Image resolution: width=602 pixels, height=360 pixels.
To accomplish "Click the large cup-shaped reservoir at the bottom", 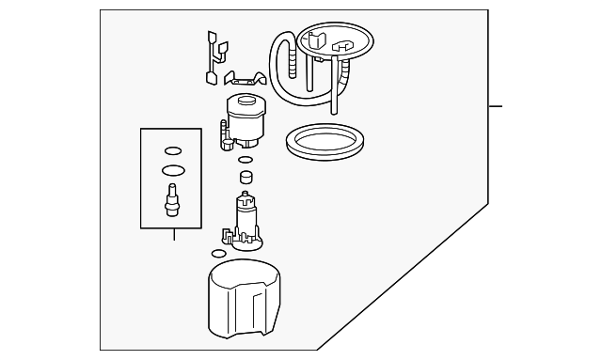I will click(x=244, y=300).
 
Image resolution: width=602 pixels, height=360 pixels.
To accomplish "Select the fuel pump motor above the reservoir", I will click(x=246, y=215).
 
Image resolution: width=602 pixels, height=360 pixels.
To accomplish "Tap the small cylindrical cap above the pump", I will click(x=246, y=176).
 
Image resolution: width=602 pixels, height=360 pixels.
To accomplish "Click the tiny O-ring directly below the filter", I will click(x=233, y=160).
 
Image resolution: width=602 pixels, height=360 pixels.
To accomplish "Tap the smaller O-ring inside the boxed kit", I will click(x=172, y=150).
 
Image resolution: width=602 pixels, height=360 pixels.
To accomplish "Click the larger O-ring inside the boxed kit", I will click(x=172, y=170).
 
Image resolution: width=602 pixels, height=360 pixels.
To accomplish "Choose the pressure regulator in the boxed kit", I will click(x=172, y=200).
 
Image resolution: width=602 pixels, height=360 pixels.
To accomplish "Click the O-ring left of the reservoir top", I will click(x=218, y=253).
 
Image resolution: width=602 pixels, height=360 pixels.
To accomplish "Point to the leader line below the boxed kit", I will click(x=173, y=235).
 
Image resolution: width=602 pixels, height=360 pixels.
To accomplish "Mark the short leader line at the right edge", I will click(x=496, y=105).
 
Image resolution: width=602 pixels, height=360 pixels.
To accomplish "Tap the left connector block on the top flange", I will click(x=315, y=42).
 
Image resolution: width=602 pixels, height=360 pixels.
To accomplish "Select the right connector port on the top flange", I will click(x=343, y=45).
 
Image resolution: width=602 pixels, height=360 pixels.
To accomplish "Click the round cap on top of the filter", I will click(x=246, y=102).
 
